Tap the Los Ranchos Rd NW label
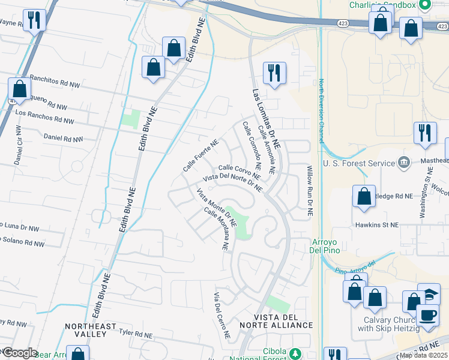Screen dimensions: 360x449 pos(44,113)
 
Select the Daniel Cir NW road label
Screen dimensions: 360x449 pos(18,146)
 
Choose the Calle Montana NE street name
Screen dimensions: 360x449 pos(217,229)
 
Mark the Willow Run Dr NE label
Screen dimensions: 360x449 pos(310,192)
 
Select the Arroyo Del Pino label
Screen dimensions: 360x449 pos(326,246)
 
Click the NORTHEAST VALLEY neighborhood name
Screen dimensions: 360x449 pos(91,331)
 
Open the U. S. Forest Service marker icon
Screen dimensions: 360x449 pos(404,163)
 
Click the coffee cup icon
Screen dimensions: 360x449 pos(427,315)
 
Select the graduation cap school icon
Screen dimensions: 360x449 pos(429,294)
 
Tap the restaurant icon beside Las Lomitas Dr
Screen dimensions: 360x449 pos(274,73)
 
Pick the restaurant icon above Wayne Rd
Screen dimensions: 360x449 pos(34,20)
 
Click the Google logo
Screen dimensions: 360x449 pos(19,352)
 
